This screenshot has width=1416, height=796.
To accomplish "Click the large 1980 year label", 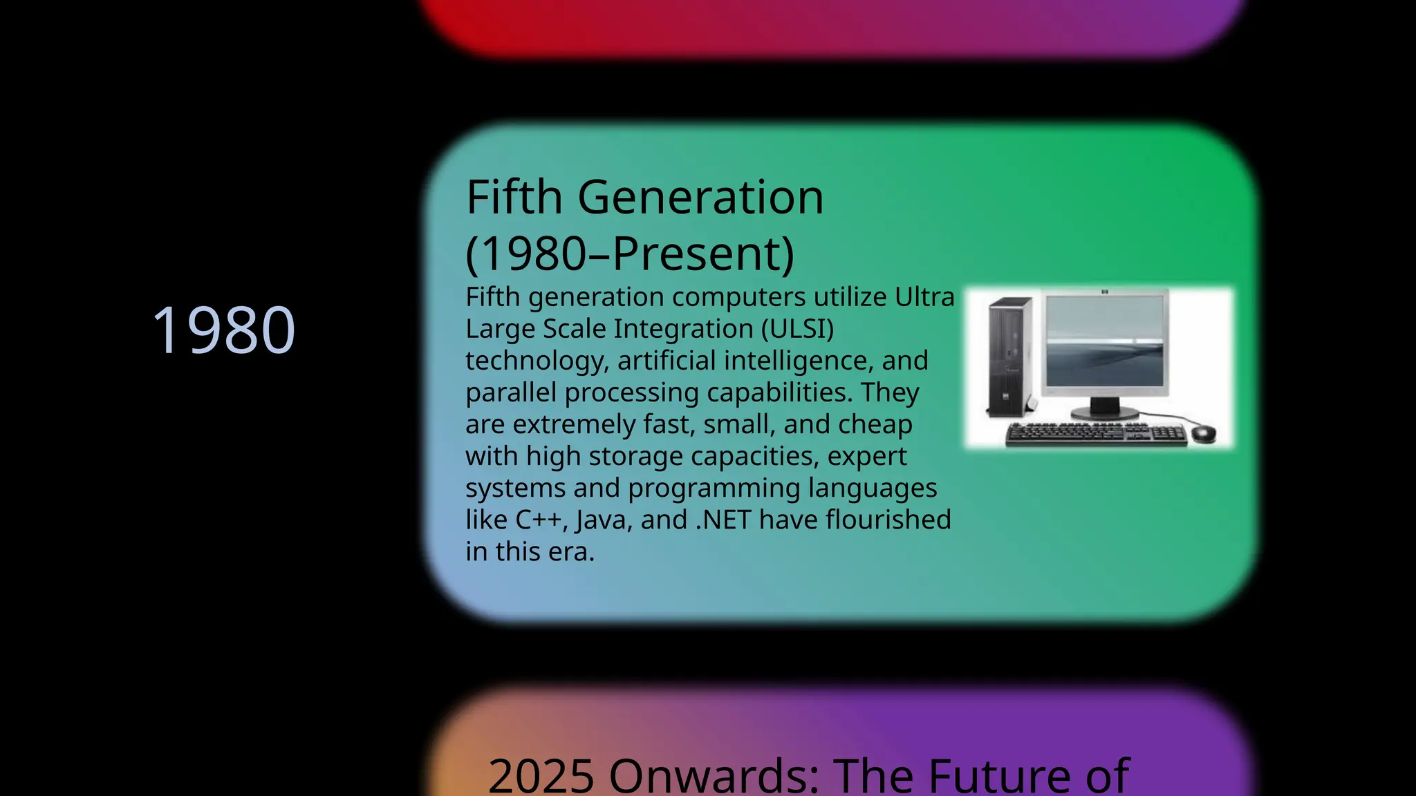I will click(223, 330).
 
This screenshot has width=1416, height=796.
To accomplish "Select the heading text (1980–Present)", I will click(630, 254).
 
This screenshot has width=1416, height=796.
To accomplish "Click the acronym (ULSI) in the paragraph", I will click(797, 329).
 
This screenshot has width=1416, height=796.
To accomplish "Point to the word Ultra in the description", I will click(924, 297).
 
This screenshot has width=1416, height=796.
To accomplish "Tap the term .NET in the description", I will click(723, 520).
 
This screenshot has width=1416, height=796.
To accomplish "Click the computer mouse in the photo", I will click(1203, 433).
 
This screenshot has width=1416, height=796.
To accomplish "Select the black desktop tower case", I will click(1009, 357).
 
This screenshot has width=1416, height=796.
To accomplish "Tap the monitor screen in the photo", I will click(1104, 341).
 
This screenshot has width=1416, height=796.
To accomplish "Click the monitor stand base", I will click(1103, 412).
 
